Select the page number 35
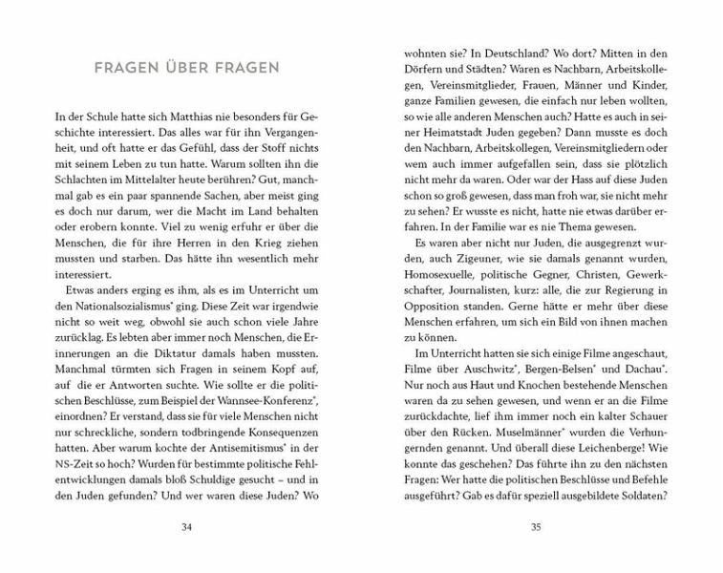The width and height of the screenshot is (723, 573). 536,526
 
